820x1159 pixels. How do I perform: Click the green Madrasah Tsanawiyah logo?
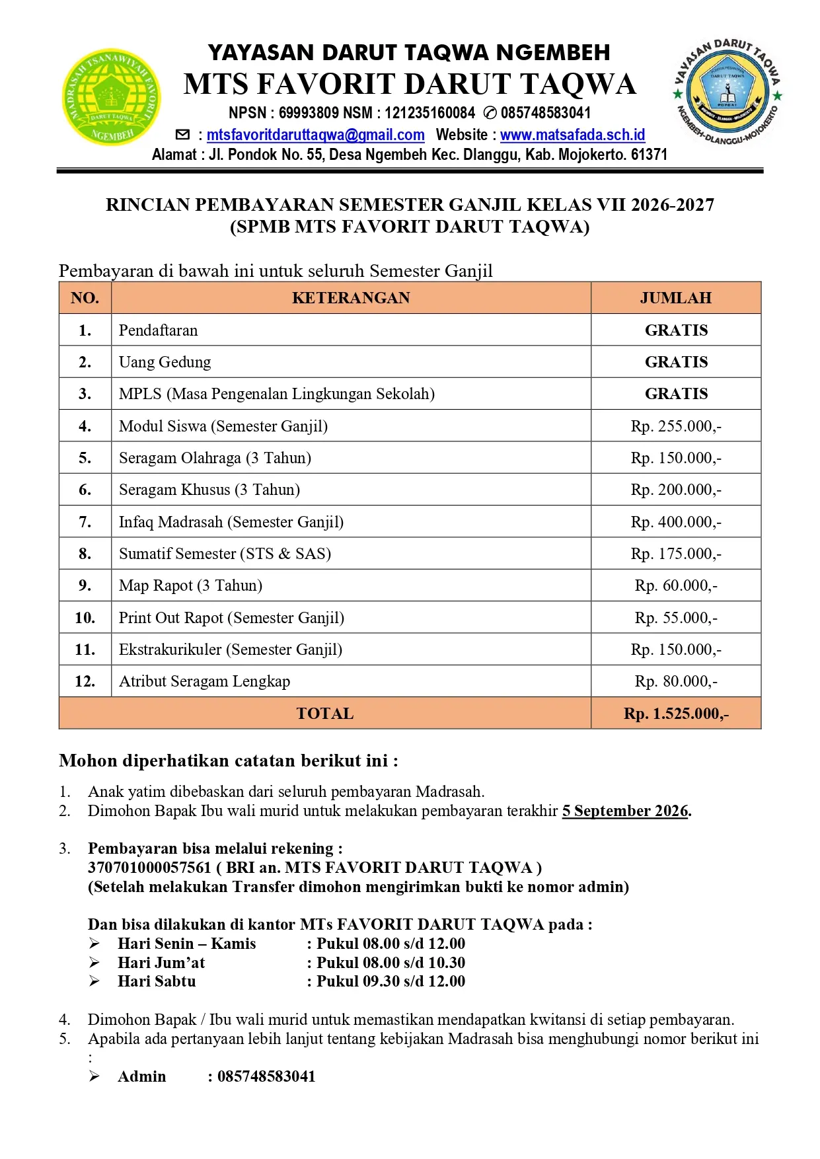[x=111, y=97]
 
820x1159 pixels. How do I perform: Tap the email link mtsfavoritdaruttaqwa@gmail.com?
[x=315, y=135]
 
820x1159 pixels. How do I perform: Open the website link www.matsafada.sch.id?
[x=572, y=135]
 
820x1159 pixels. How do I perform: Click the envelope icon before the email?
[x=182, y=135]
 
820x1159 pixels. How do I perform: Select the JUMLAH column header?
[x=675, y=298]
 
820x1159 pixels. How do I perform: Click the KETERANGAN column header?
[x=351, y=298]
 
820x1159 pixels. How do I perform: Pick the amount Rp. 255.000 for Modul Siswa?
[x=675, y=426]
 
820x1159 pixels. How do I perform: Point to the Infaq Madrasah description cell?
[x=231, y=522]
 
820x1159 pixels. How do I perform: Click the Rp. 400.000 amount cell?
[x=675, y=522]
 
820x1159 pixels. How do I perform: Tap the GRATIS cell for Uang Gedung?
[x=675, y=362]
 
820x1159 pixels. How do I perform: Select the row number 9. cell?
[x=85, y=585]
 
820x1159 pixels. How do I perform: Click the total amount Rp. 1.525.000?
[x=675, y=714]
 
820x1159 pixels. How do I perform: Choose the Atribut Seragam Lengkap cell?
[x=204, y=681]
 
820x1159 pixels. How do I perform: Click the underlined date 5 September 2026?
[x=625, y=811]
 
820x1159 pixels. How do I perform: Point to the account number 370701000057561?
[x=149, y=868]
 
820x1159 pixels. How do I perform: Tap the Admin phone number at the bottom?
[x=266, y=1076]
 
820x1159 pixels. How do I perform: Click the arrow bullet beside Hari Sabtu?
[x=94, y=981]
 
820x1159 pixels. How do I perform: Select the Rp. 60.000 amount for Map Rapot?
[x=675, y=585]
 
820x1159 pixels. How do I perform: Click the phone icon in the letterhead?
[x=490, y=113]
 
